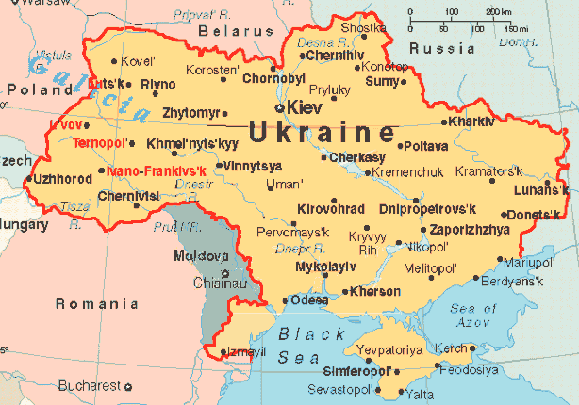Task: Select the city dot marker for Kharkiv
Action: coord(444,121)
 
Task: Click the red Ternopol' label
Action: coord(99,143)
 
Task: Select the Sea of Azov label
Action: coord(473,316)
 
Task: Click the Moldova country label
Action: coord(199,255)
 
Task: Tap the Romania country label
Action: coord(97,303)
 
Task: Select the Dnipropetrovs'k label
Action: coord(428,208)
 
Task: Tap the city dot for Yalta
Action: coord(401,392)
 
